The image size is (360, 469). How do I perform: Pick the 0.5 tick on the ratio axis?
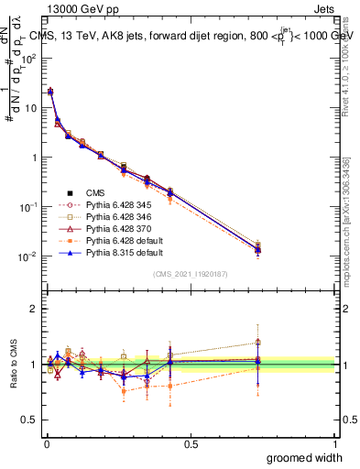31,420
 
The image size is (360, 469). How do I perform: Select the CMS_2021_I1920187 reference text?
191,274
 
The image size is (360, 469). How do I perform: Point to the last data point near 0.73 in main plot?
257,248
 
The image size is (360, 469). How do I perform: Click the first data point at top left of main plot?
50,92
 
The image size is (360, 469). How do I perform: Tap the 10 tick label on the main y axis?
35,107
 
